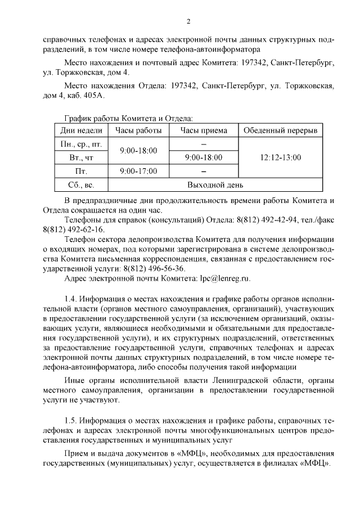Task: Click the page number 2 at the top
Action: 189,21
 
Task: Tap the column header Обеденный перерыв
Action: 280,130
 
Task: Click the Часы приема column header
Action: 204,130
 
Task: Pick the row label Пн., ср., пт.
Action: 80,144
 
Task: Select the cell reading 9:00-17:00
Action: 138,171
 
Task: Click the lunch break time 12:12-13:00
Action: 281,157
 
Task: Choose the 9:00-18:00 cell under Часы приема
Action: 204,157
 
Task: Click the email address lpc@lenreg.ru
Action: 225,278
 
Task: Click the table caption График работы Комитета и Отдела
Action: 129,118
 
